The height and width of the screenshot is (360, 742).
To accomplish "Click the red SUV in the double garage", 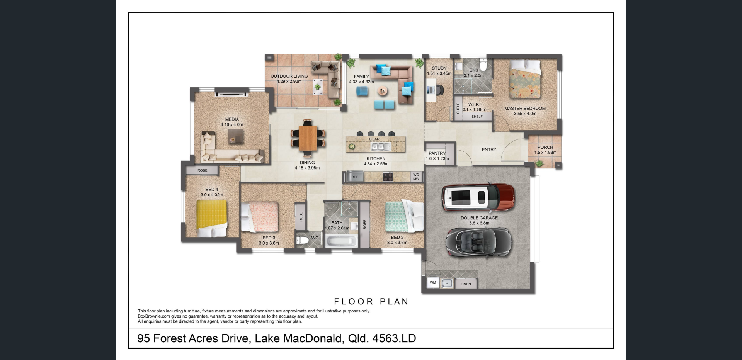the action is (478, 197).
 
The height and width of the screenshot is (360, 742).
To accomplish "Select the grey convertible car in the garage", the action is (479, 241).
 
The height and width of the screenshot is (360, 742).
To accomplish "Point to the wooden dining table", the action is (308, 138).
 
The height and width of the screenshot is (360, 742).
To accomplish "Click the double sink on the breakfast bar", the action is (381, 146).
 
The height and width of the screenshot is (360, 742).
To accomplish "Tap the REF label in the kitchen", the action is (355, 177).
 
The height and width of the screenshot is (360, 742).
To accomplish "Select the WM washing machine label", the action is (433, 282).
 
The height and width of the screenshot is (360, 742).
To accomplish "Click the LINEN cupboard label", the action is (466, 284).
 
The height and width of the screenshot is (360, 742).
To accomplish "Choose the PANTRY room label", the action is (437, 153).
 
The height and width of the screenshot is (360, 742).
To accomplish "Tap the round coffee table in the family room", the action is (383, 91).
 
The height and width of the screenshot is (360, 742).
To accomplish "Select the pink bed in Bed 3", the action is (259, 217).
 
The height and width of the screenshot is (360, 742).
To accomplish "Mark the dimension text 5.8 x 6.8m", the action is (479, 223).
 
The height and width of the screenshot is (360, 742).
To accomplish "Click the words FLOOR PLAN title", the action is (371, 302).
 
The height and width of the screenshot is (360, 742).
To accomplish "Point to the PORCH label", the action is (545, 147).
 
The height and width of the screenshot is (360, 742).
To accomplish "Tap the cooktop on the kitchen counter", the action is (388, 177).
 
